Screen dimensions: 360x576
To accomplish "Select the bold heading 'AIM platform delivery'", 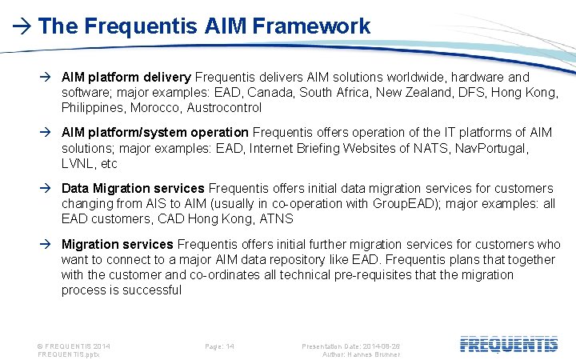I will (126, 77).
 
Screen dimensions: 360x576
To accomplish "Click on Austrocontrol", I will (224, 107).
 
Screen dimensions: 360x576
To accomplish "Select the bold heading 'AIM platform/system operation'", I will (154, 132).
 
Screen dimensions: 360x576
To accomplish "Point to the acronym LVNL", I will (78, 163).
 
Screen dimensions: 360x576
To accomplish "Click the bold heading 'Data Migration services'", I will (133, 188).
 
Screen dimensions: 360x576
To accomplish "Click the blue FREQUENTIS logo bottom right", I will (509, 345).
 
